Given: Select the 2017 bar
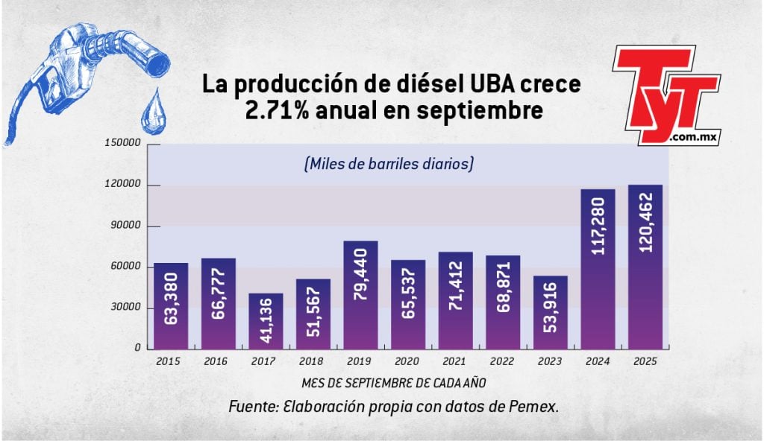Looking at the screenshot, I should click(265, 321).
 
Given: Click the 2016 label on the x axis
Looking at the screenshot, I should click(218, 362).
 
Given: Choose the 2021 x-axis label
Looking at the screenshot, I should click(455, 362).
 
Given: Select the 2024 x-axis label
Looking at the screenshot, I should click(598, 362).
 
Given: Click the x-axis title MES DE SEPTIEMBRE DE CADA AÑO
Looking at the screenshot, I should click(395, 383).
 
